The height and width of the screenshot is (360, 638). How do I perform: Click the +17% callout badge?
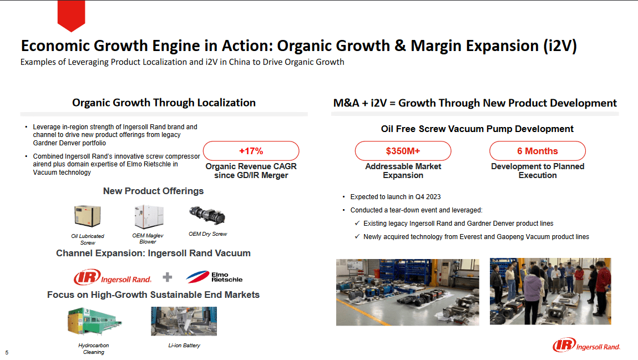point(251,151)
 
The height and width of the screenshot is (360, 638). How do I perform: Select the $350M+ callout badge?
point(403,151)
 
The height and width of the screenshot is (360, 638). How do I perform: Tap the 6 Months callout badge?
point(537,151)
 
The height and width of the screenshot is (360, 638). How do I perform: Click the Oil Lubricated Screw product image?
point(88,217)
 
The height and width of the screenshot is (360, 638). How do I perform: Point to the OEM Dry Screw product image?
point(207,215)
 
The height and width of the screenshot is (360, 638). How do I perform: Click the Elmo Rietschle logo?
point(214,276)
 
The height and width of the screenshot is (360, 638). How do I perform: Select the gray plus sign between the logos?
point(168,277)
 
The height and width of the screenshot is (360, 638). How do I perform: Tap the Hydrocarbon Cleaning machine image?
point(94,322)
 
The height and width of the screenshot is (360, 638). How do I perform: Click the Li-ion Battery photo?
point(176,321)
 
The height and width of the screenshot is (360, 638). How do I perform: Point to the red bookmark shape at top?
point(71,15)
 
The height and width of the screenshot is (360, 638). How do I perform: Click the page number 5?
point(7,352)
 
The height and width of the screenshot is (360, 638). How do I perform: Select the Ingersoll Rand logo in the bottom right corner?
point(586,346)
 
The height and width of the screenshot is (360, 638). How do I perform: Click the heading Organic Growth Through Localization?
point(164,103)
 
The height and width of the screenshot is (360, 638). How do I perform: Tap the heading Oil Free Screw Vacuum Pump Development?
point(477,129)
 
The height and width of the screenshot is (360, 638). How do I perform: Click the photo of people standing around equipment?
point(550,291)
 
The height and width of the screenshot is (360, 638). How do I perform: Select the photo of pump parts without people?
point(407,292)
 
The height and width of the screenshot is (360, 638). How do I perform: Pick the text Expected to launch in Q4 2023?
point(396,197)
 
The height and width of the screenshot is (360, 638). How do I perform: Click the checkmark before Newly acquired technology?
point(357,237)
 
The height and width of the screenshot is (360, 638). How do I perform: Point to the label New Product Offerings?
point(153,191)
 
